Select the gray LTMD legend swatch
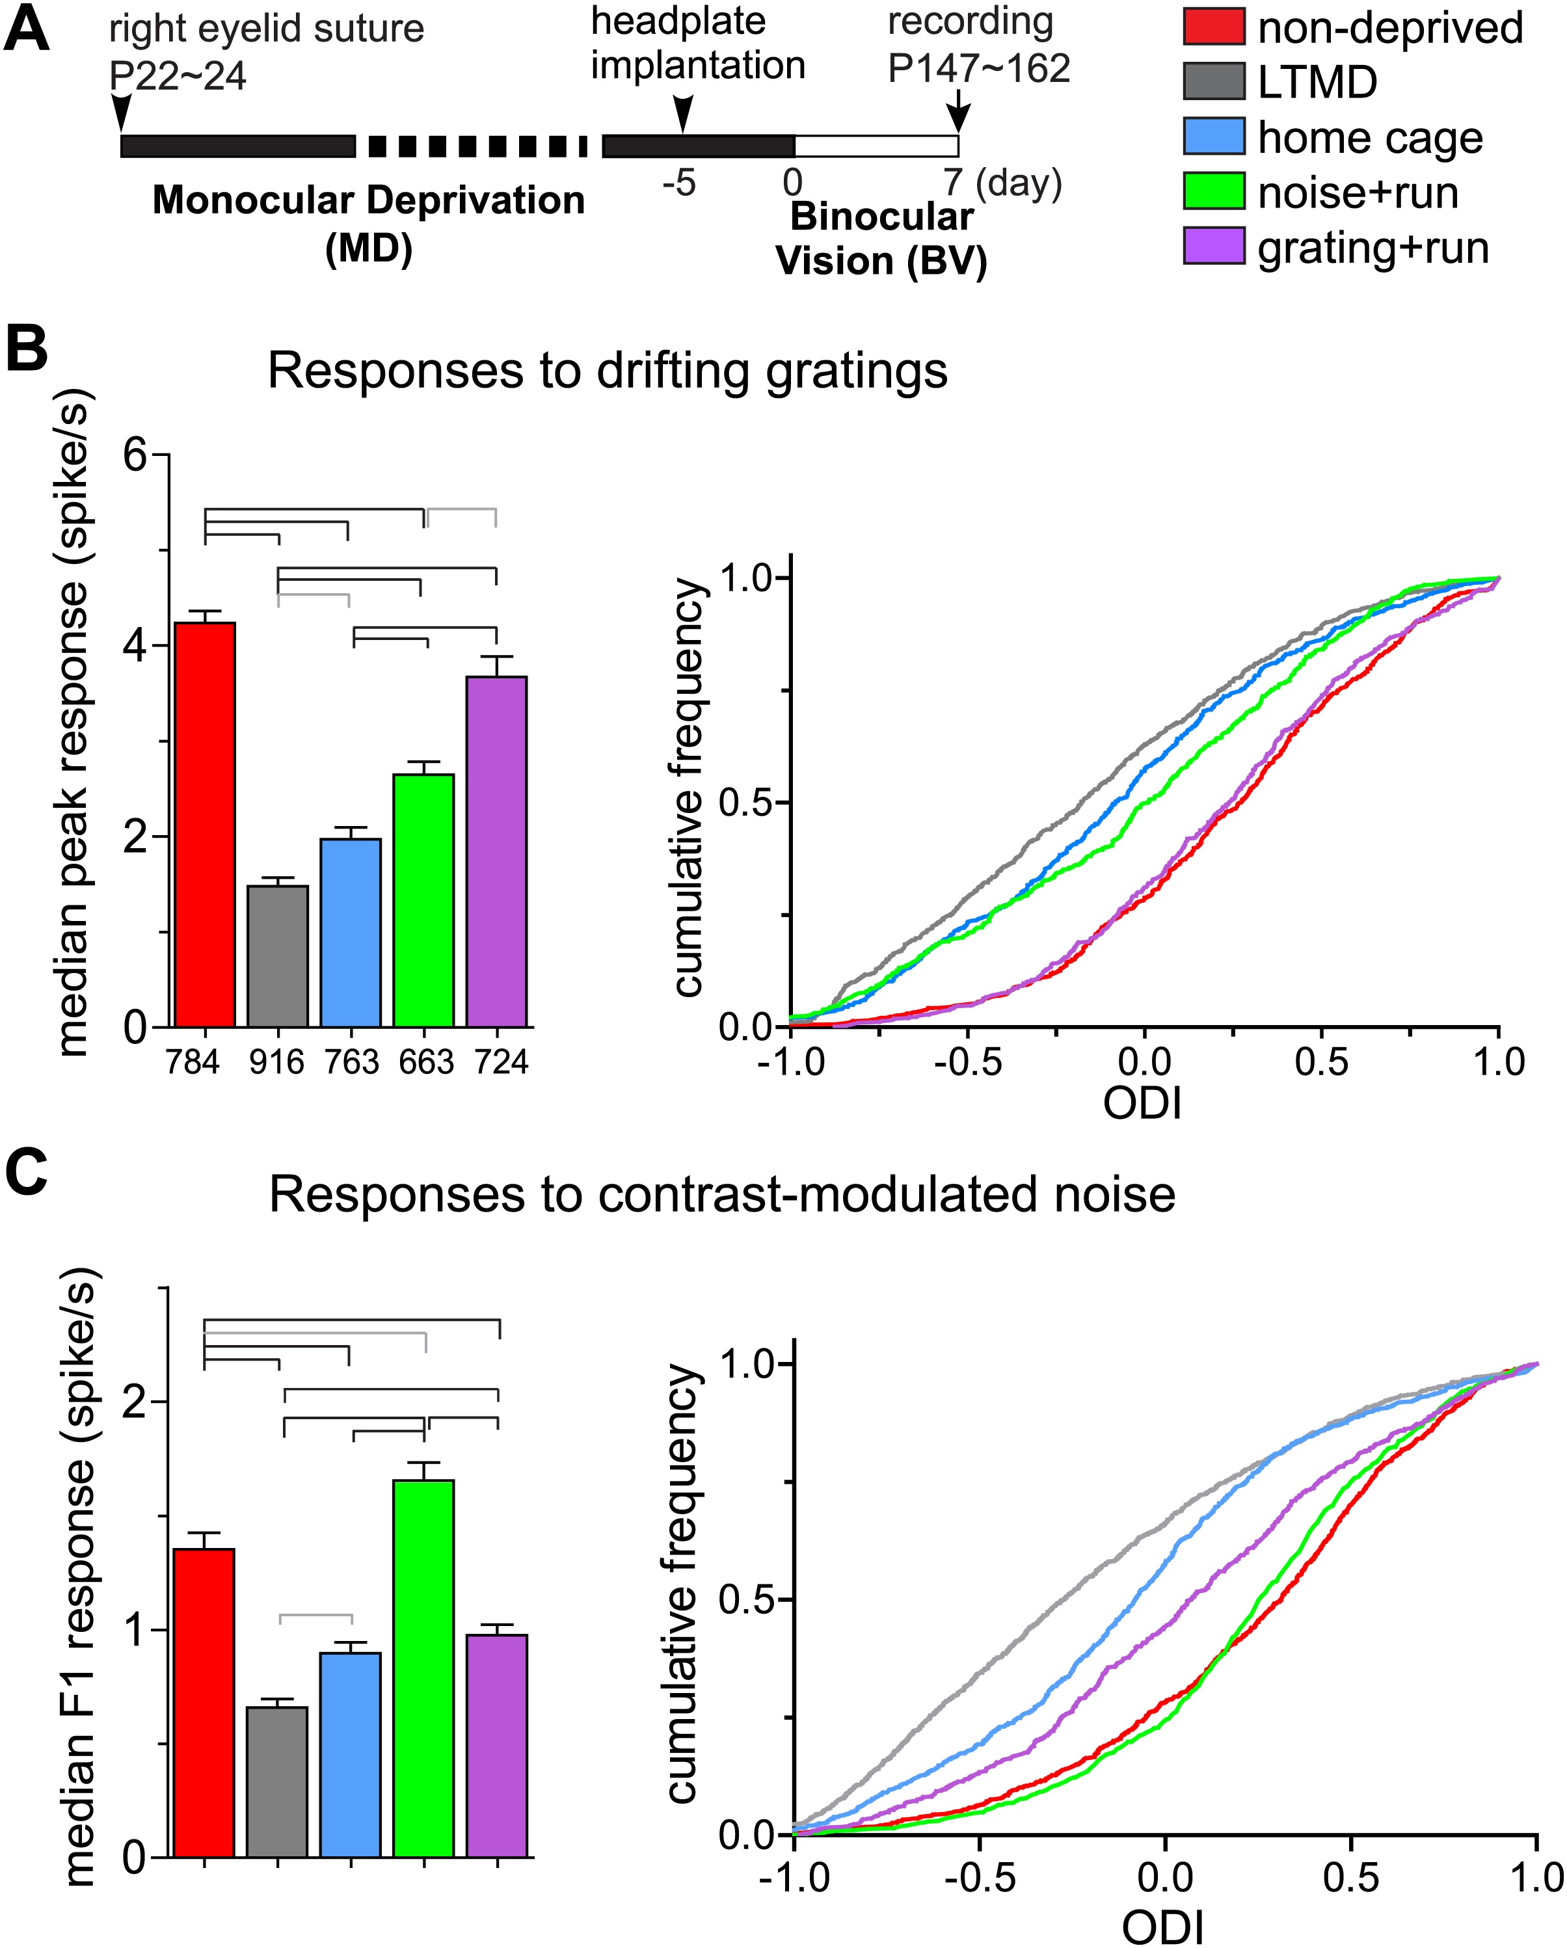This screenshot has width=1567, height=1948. [1214, 81]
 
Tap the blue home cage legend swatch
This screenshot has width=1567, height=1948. [1214, 137]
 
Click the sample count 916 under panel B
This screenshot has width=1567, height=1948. [276, 1061]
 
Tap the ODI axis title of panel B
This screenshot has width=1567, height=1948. [1142, 1103]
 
